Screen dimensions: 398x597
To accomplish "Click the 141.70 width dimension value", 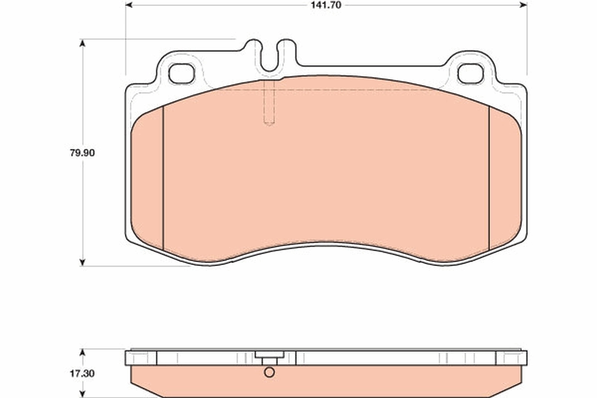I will (326, 5).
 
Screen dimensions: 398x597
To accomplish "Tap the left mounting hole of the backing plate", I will (181, 74).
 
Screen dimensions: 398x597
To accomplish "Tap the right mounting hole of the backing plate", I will (470, 74).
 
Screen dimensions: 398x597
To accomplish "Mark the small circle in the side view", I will (269, 372).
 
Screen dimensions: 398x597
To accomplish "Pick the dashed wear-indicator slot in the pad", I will (269, 104).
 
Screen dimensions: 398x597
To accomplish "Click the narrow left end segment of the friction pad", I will (148, 179).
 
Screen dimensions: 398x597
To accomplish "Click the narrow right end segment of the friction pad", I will (505, 179).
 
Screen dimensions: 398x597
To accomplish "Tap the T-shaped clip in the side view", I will (269, 357).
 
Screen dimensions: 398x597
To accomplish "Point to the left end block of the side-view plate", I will (141, 358).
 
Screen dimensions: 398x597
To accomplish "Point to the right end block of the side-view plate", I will (511, 358).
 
